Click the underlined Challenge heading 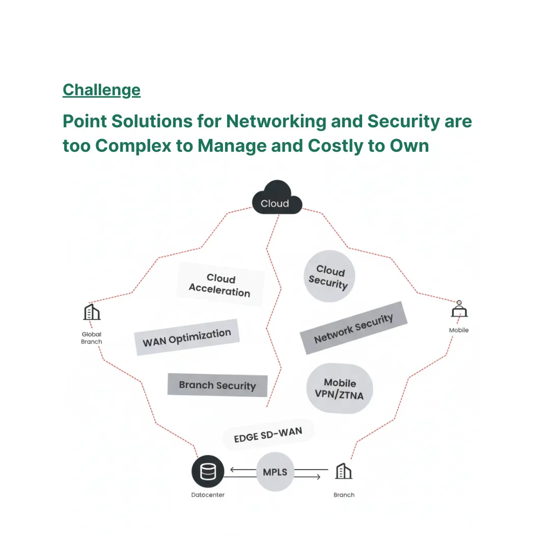click(101, 90)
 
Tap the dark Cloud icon click(277, 198)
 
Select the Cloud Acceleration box click(220, 285)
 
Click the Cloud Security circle click(329, 277)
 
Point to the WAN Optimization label click(187, 337)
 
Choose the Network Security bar click(353, 328)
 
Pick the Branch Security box click(217, 385)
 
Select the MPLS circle click(275, 472)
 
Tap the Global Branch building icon click(92, 312)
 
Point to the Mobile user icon click(459, 310)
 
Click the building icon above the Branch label click(343, 471)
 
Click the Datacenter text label click(208, 494)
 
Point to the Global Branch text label click(92, 338)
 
